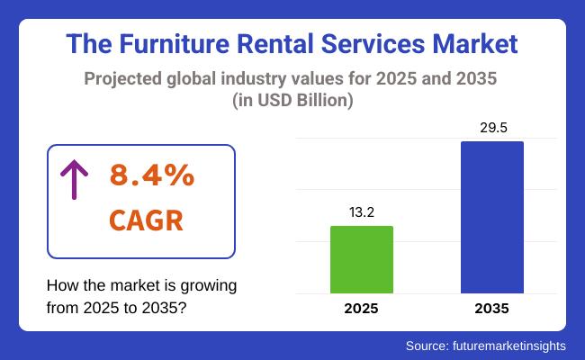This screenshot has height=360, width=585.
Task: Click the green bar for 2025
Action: [362, 259]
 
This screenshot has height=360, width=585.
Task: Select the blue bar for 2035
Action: [491, 217]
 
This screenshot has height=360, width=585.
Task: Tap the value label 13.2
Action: [362, 212]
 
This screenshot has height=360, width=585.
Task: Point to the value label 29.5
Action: [491, 128]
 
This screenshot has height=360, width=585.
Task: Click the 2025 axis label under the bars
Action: [362, 309]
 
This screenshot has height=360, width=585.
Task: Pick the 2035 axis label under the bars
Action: [491, 309]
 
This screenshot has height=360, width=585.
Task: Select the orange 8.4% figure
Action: [151, 176]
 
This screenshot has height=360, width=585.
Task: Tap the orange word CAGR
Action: [145, 220]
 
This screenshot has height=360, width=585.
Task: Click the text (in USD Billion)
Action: [292, 102]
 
